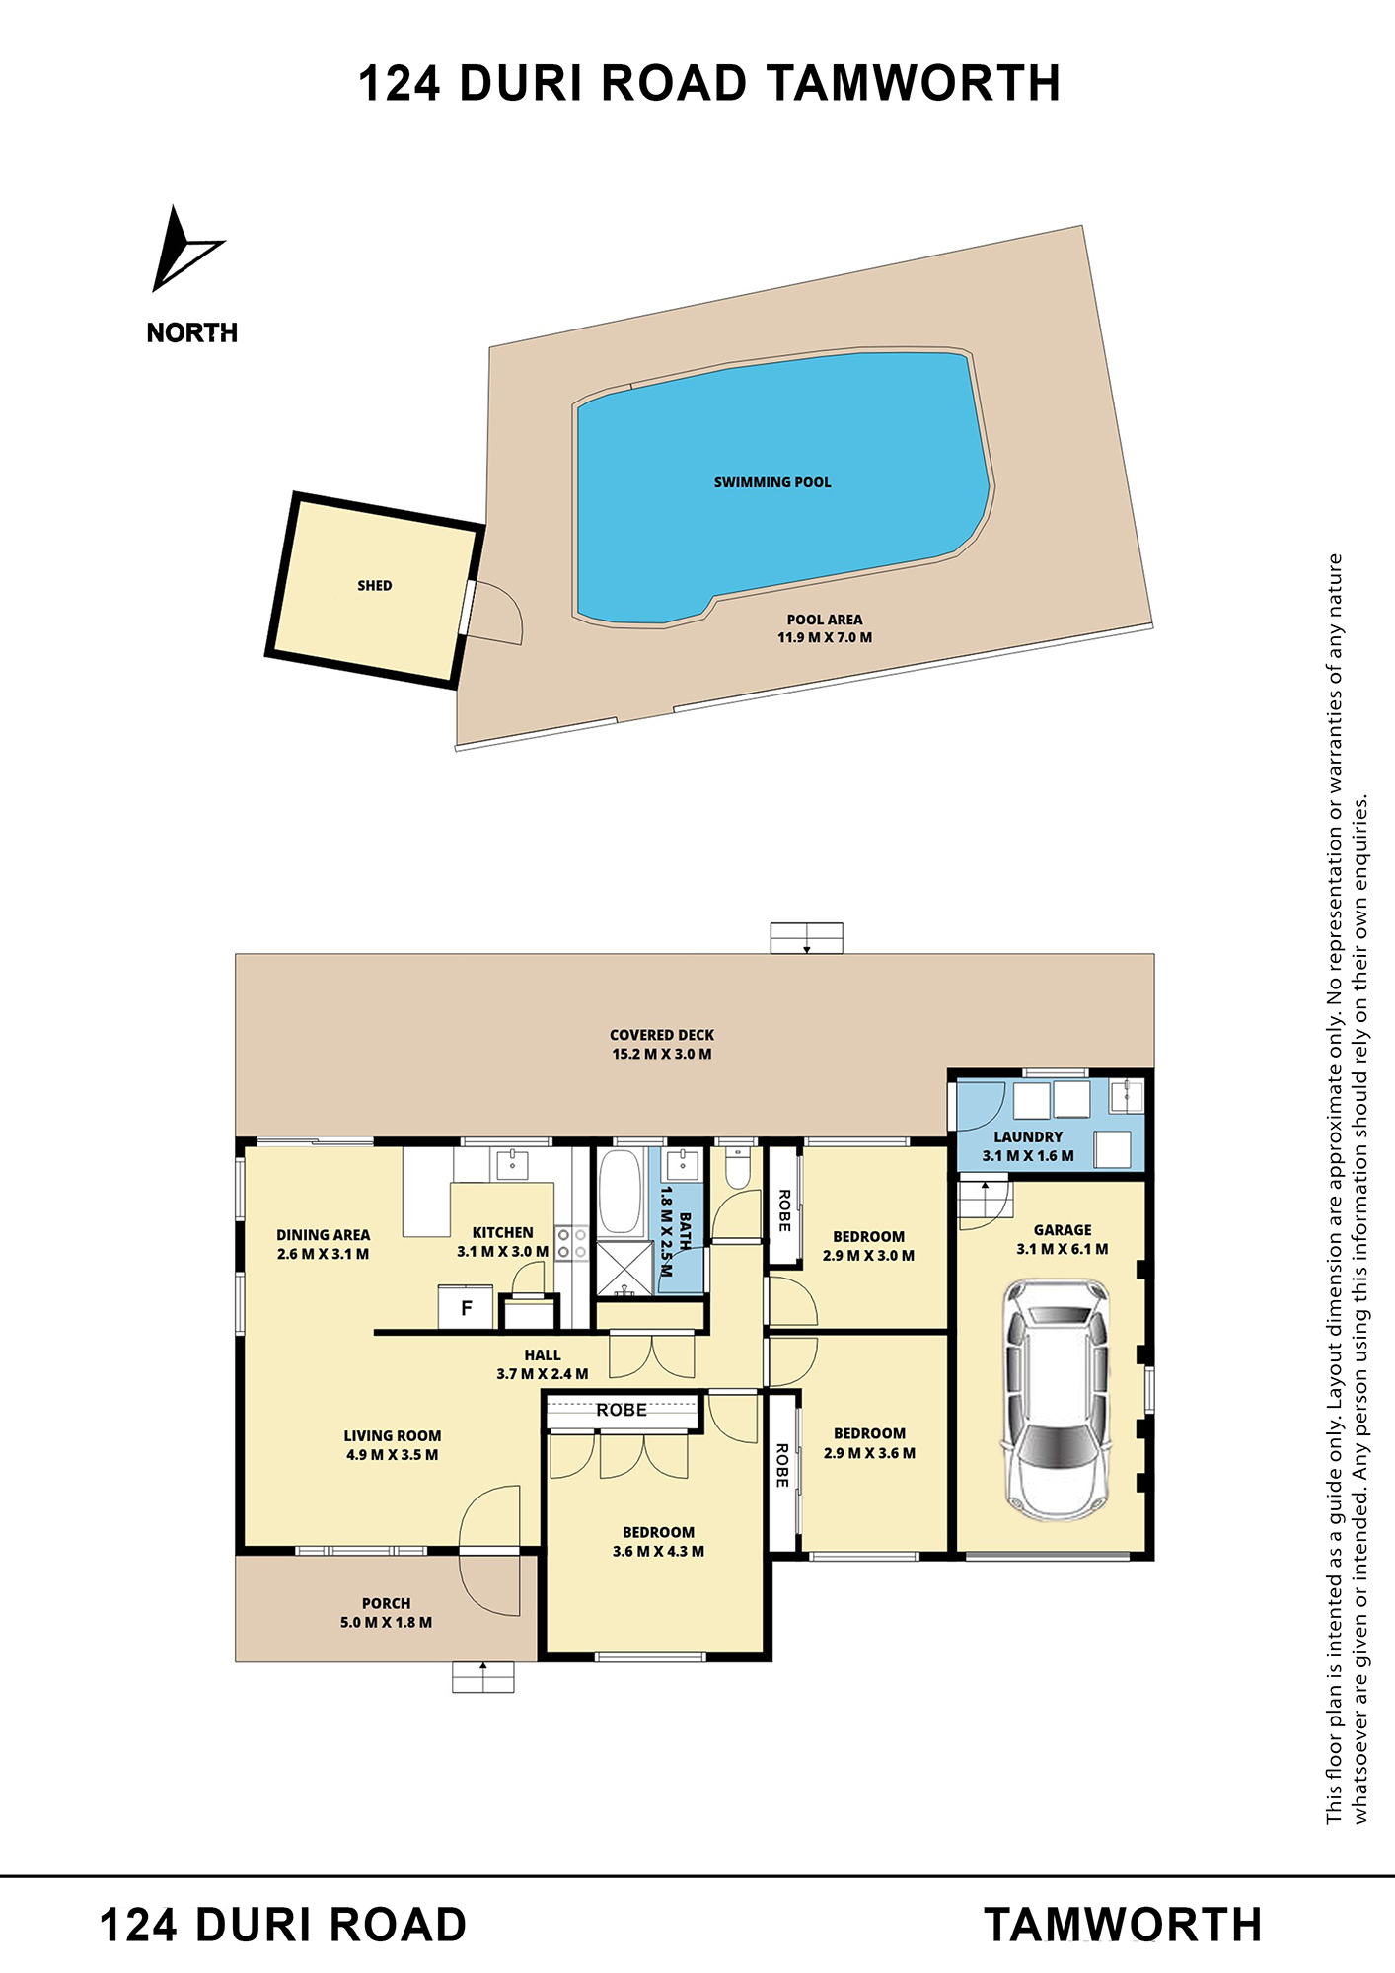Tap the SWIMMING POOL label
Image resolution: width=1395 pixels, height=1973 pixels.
(x=772, y=482)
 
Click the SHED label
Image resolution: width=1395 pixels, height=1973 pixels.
(x=375, y=586)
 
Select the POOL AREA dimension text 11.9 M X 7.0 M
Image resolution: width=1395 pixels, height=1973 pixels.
(x=825, y=637)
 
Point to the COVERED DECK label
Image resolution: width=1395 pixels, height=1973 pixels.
(x=662, y=1035)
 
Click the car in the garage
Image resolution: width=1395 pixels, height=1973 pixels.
(x=1056, y=1400)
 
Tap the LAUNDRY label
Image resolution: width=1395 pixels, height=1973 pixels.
(x=1028, y=1137)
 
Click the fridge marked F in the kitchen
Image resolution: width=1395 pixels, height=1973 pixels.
(x=466, y=1308)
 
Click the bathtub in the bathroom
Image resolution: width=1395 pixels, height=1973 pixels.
(x=621, y=1191)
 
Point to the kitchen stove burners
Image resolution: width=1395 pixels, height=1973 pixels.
(x=571, y=1243)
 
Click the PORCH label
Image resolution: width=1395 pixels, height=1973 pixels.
(x=386, y=1603)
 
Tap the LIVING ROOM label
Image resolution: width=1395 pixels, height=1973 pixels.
(x=393, y=1435)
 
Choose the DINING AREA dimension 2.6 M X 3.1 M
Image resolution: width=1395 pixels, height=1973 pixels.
(x=324, y=1254)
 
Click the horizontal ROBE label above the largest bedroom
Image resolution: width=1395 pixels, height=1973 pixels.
(x=622, y=1410)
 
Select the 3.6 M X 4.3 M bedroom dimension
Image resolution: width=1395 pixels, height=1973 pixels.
(x=658, y=1551)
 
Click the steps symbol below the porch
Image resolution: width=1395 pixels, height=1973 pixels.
(x=483, y=1677)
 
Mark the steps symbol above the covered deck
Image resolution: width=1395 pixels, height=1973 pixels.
(x=807, y=938)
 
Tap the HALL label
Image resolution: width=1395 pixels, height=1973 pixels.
(x=543, y=1355)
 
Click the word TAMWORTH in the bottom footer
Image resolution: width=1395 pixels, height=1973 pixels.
(x=1123, y=1925)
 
